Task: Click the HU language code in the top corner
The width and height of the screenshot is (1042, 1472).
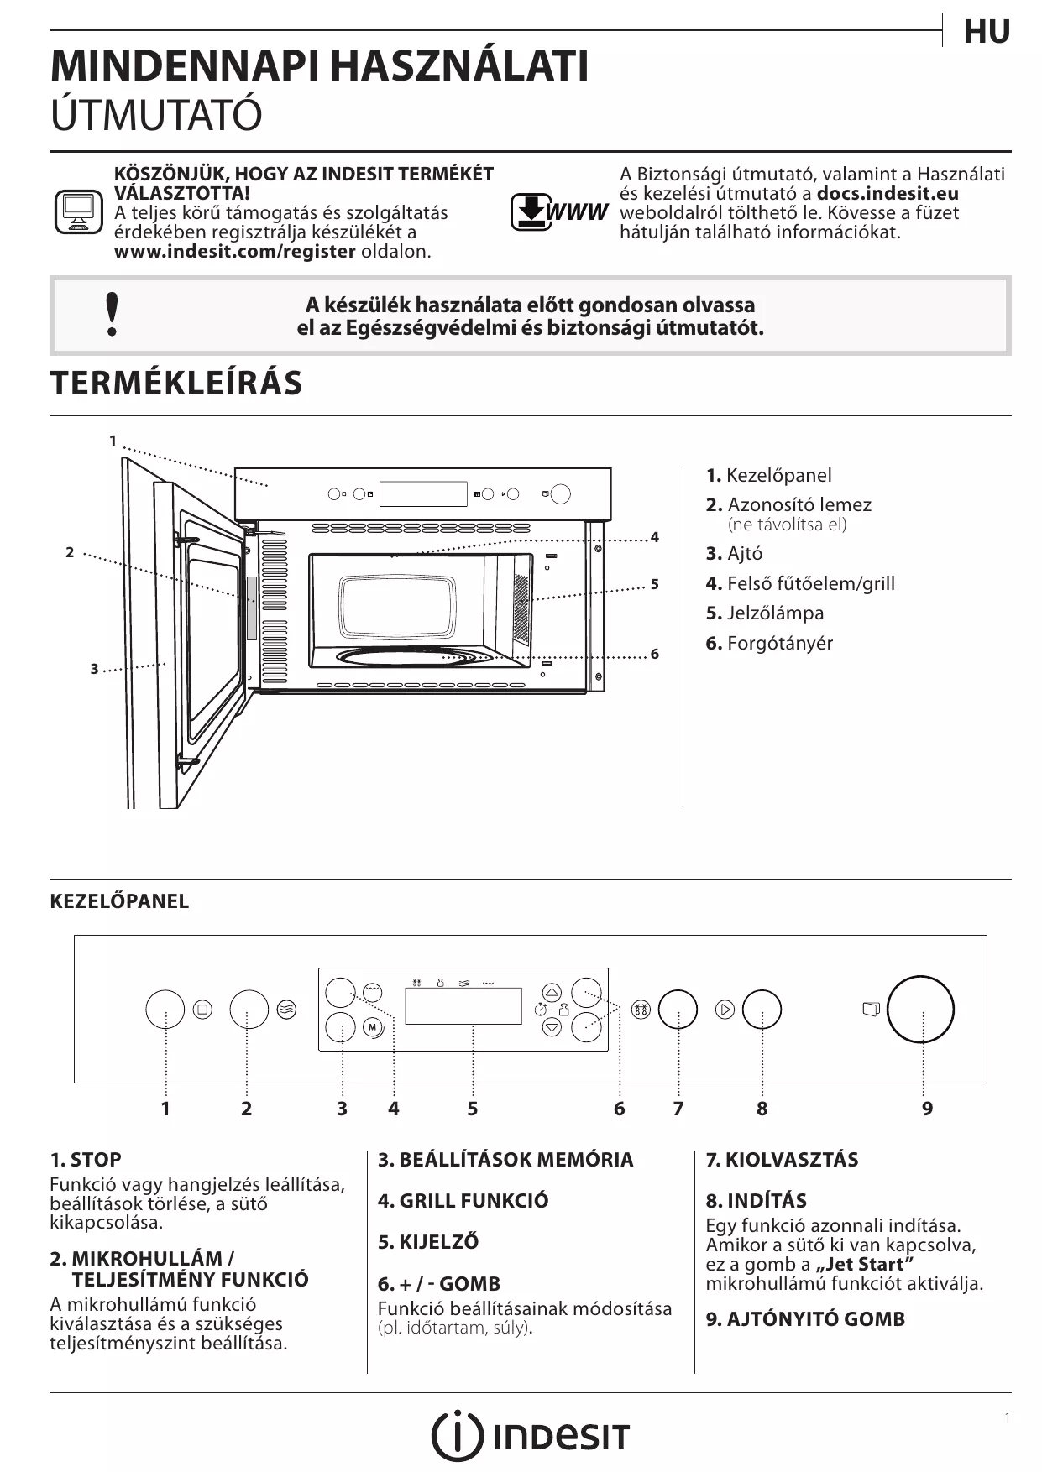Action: (x=986, y=32)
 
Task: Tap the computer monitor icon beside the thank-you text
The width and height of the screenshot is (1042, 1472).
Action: (x=78, y=211)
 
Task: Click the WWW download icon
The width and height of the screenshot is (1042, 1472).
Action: (x=558, y=211)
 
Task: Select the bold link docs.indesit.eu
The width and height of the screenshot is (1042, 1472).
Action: (x=888, y=193)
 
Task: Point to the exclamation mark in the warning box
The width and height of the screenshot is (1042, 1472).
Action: (x=112, y=316)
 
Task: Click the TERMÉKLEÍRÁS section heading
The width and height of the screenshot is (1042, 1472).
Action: (x=176, y=383)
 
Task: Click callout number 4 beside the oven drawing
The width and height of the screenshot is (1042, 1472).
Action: (x=655, y=537)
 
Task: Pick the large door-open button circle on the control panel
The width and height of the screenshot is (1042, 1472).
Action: (x=920, y=1010)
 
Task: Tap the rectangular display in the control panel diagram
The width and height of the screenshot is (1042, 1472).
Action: (x=463, y=1005)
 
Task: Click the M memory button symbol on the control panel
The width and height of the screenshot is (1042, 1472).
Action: (x=373, y=1027)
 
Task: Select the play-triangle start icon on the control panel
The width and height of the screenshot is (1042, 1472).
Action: (x=725, y=1010)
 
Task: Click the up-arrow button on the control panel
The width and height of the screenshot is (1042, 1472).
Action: (x=552, y=991)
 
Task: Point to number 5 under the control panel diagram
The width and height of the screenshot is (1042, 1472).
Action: (x=473, y=1109)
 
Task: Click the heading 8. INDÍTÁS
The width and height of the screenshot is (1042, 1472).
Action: (x=756, y=1200)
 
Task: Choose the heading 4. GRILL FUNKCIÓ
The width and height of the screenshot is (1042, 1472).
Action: (x=463, y=1200)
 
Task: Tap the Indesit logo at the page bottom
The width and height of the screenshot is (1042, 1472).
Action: (x=530, y=1436)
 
